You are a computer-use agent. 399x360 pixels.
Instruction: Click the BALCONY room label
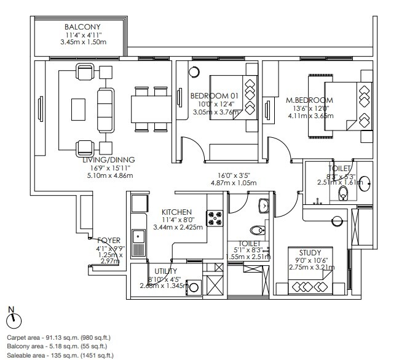click(82, 27)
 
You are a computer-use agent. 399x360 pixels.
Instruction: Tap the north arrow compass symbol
click(15, 319)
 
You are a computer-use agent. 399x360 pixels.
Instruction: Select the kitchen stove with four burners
click(216, 217)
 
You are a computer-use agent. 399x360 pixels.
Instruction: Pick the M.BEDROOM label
click(309, 100)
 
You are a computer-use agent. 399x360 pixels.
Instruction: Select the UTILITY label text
click(166, 271)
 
